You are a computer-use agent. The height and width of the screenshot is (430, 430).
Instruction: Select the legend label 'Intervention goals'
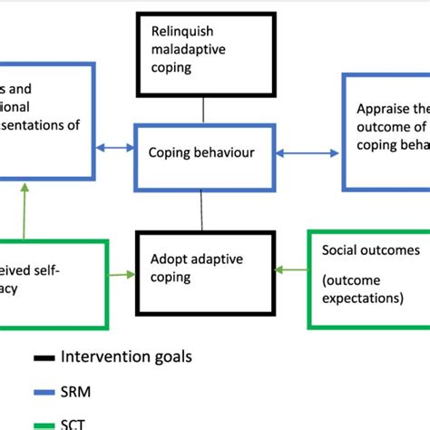coord(126,357)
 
